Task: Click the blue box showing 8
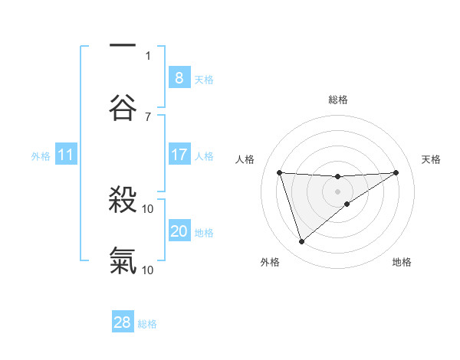point(179,77)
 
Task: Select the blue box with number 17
point(179,155)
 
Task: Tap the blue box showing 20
point(179,231)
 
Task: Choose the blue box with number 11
point(65,155)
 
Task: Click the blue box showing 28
point(123,322)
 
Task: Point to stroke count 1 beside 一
point(148,55)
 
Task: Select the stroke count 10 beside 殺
point(148,208)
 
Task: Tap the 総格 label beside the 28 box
point(147,324)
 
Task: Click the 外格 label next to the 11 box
point(41,156)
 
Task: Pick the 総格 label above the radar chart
point(338,100)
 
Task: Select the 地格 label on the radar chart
point(402,262)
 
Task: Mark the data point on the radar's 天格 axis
point(396,172)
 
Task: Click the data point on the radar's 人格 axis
point(280,172)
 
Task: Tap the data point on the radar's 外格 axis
point(301,242)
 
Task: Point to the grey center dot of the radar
point(338,191)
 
